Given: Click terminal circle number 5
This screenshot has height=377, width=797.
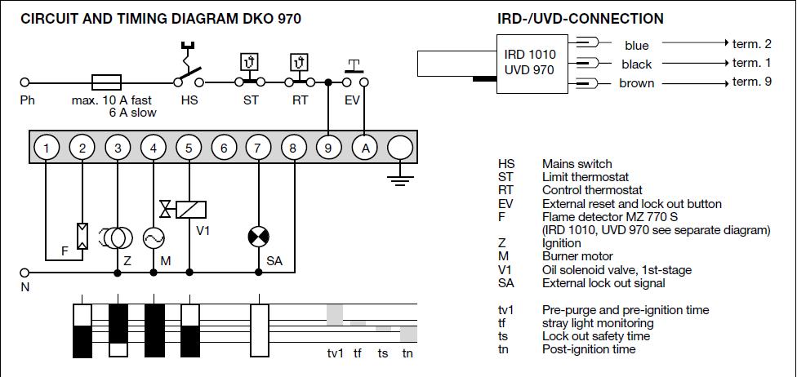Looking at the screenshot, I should point(189,148).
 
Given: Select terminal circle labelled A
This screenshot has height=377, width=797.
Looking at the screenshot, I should point(365,148).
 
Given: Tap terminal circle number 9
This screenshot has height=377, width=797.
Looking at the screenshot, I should point(329,148).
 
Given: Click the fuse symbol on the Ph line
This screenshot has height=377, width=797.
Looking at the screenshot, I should point(106,82).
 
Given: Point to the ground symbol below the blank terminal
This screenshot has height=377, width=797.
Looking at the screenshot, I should point(400,178).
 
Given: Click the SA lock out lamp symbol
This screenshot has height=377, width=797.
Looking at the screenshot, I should point(259,237).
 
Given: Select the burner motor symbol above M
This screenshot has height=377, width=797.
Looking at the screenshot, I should point(154,237).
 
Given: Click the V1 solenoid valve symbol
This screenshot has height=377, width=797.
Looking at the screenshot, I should point(185,210).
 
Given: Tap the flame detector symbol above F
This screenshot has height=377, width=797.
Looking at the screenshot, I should point(82,236).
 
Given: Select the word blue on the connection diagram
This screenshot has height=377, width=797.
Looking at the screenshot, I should point(637,46).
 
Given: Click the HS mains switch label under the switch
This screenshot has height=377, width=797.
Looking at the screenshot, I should point(189,101).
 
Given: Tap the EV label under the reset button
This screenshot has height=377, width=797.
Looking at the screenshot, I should point(352,101).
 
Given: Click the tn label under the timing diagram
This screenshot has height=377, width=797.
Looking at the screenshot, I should point(407,353).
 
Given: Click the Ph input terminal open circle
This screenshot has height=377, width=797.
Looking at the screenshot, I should point(24,82).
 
